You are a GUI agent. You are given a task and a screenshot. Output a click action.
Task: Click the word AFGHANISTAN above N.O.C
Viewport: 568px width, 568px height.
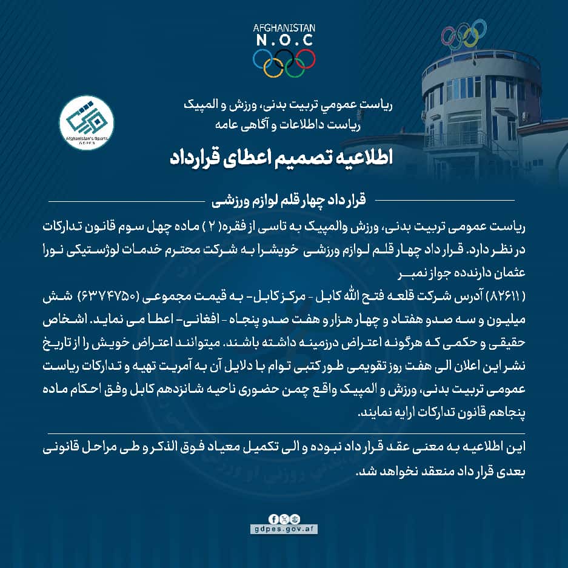pos(284,28)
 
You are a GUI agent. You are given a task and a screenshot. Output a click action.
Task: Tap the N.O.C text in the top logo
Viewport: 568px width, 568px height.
pos(284,40)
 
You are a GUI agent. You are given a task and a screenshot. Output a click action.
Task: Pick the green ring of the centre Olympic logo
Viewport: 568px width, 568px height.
pos(295,67)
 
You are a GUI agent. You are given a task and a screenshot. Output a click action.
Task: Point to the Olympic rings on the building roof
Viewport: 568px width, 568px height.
pos(464,36)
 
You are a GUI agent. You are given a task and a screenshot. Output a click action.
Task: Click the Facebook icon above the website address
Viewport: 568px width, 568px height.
pos(275,519)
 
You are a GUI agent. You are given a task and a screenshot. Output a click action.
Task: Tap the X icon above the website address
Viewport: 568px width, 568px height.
pos(284,519)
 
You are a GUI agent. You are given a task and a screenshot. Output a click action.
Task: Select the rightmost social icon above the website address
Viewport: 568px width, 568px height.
pos(294,519)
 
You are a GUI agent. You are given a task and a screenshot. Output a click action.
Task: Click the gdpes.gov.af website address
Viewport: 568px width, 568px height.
pos(284,529)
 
